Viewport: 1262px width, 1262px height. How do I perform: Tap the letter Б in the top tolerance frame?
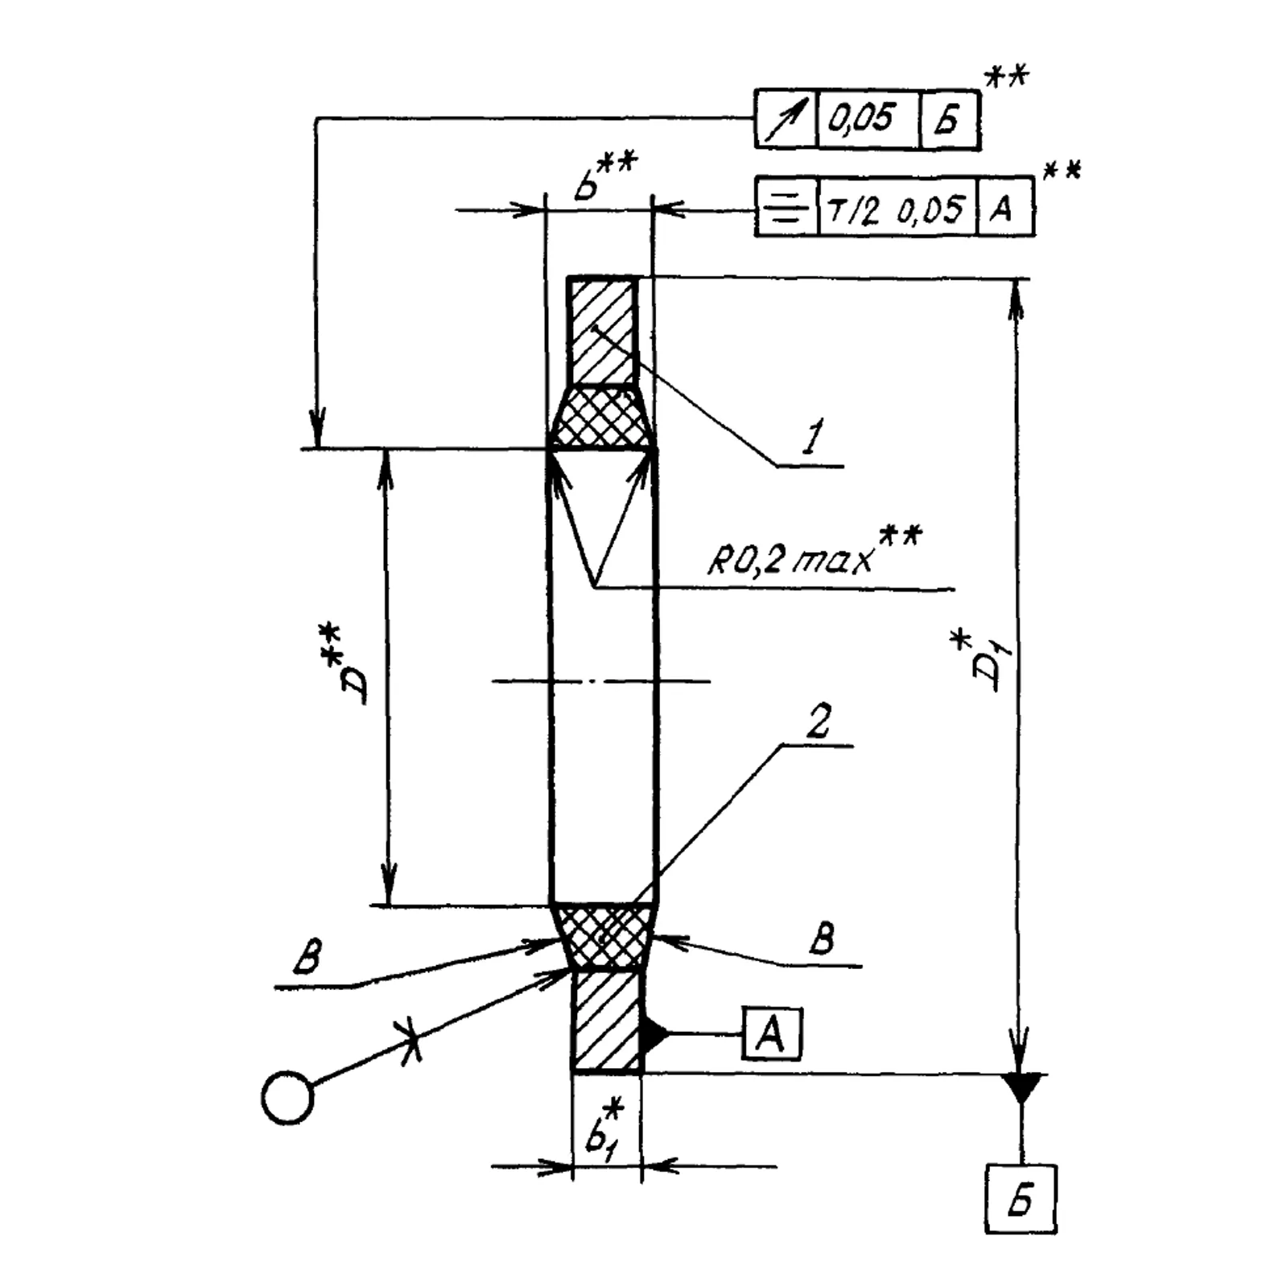click(949, 121)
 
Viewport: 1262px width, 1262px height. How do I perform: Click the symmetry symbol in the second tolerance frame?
click(786, 208)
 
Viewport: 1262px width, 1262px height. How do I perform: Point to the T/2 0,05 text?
click(896, 208)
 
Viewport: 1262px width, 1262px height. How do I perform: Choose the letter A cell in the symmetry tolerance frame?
click(1004, 208)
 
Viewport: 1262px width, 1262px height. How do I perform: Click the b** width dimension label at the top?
click(600, 174)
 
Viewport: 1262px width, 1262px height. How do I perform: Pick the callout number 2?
click(816, 722)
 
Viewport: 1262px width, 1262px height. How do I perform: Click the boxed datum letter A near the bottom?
click(772, 1033)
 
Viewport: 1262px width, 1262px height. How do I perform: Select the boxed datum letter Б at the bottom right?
click(1020, 1199)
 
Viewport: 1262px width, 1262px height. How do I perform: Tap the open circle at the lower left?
click(287, 1097)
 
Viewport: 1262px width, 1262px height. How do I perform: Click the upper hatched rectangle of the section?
click(601, 331)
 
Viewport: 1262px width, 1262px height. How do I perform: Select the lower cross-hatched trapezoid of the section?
click(602, 934)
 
